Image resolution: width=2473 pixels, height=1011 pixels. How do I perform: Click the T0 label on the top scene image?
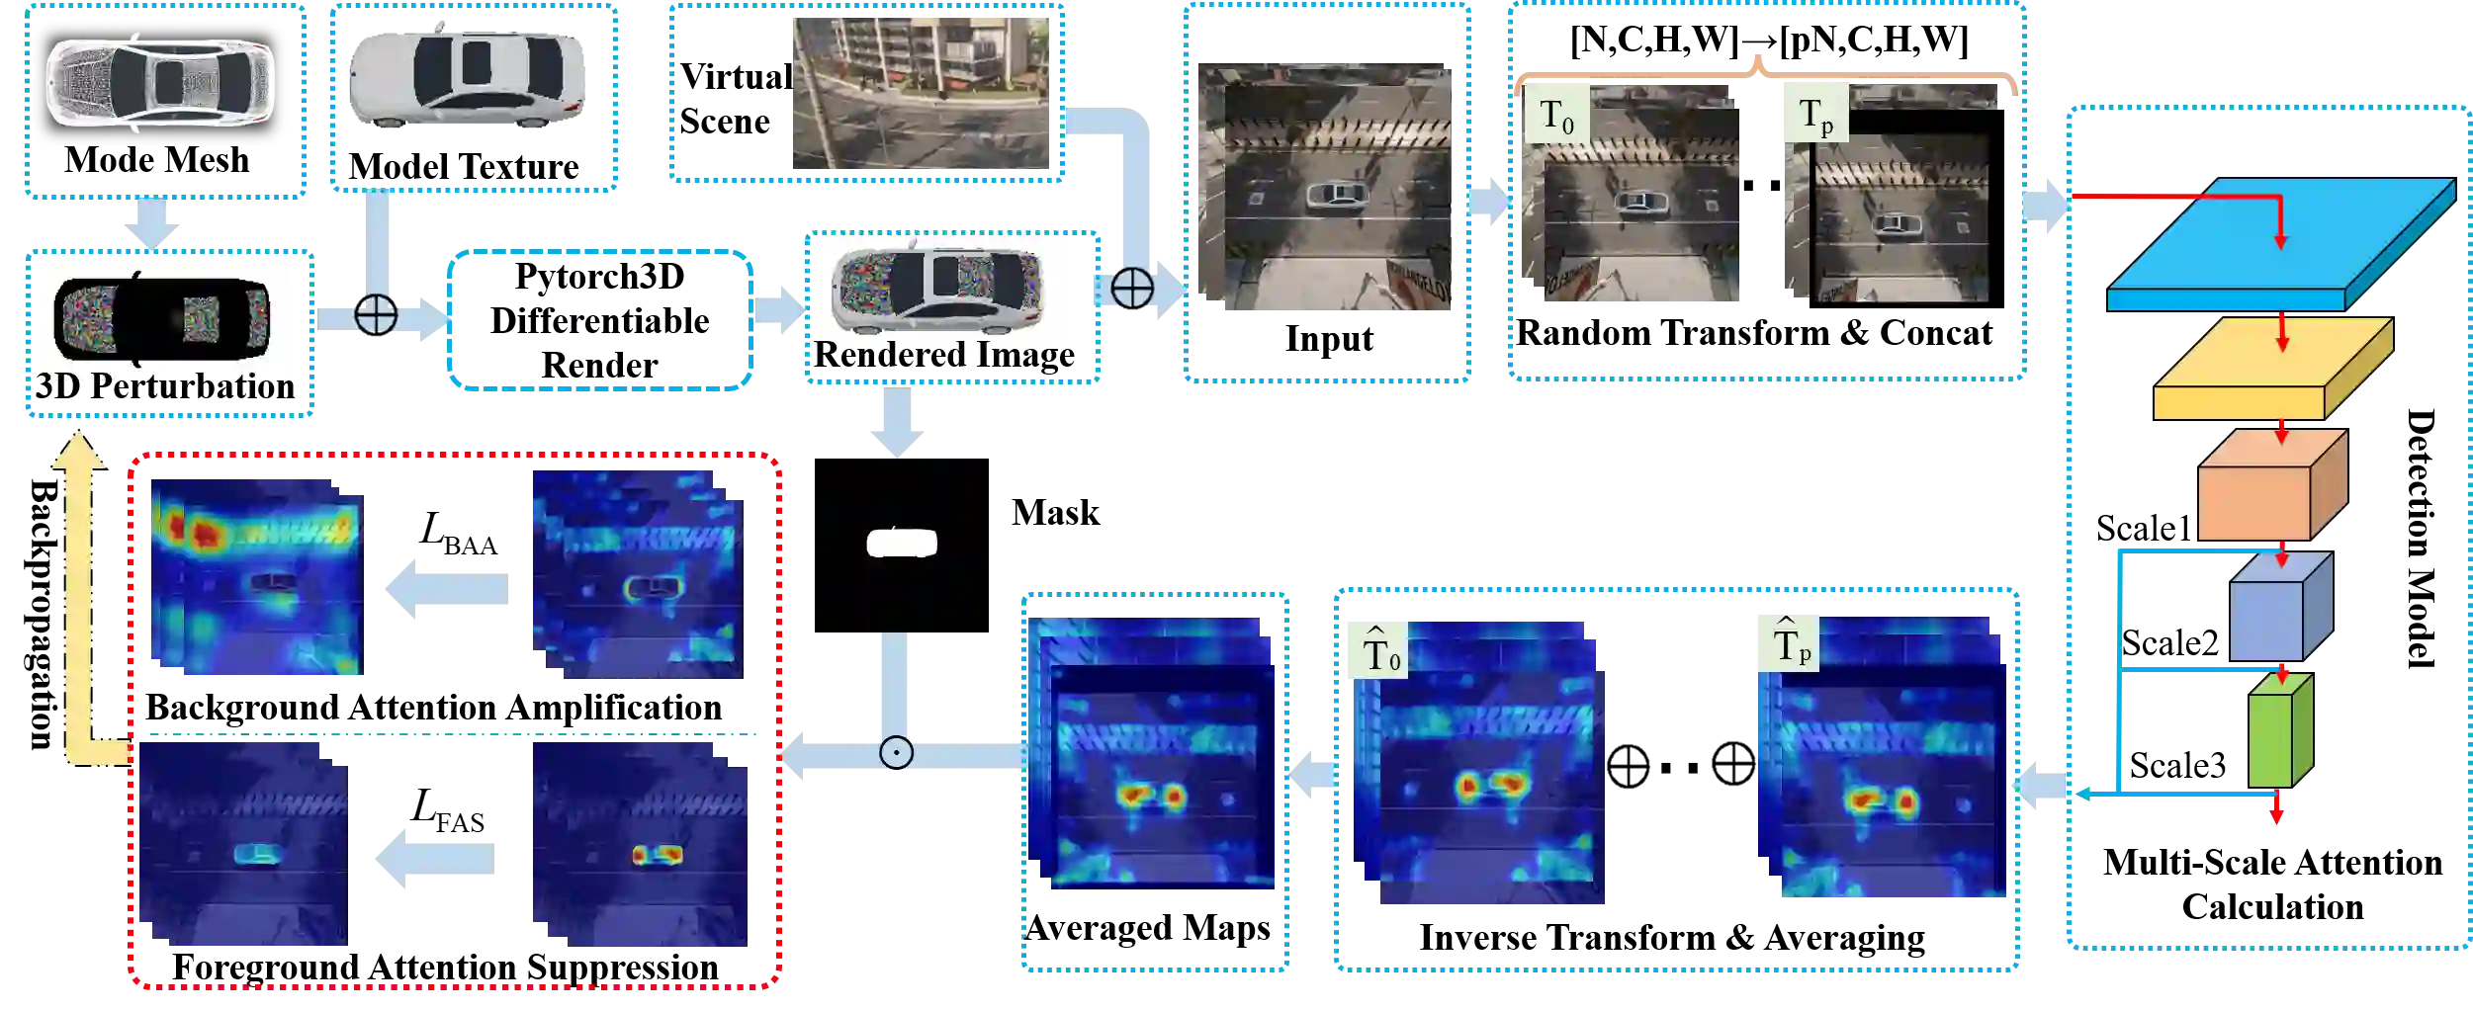pyautogui.click(x=1556, y=117)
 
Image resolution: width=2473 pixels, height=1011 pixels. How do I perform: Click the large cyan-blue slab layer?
pyautogui.click(x=2274, y=247)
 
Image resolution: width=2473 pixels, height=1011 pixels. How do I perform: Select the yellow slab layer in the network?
pyautogui.click(x=2270, y=370)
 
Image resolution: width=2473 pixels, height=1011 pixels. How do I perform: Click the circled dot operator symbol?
pyautogui.click(x=896, y=753)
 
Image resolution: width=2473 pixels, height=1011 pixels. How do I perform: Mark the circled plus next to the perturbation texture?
pyautogui.click(x=376, y=315)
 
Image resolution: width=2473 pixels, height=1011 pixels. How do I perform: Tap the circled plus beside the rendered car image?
pyautogui.click(x=1131, y=289)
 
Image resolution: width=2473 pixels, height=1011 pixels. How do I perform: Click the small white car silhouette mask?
pyautogui.click(x=901, y=544)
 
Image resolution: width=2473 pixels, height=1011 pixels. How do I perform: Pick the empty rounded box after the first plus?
pyautogui.click(x=600, y=319)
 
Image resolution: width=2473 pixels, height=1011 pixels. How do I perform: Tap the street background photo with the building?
pyautogui.click(x=922, y=93)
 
